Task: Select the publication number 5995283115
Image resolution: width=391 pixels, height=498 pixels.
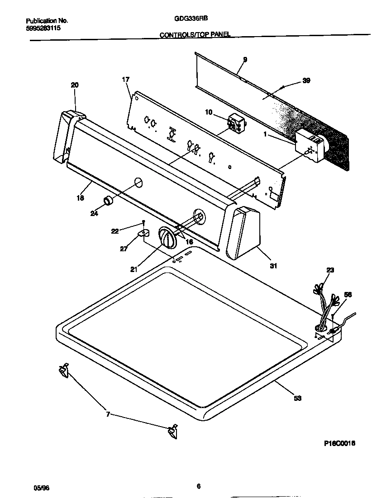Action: (43, 28)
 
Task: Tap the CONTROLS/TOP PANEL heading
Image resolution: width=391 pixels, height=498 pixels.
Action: (195, 35)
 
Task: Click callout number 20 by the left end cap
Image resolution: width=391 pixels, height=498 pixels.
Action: (75, 85)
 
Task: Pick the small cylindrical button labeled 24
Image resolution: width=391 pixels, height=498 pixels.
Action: (108, 201)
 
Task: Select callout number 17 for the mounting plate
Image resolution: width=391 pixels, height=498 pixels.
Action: (125, 80)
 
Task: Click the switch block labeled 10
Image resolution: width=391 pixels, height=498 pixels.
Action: (235, 123)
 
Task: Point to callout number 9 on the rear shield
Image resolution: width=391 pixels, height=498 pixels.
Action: (245, 59)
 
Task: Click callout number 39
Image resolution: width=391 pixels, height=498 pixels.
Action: (306, 80)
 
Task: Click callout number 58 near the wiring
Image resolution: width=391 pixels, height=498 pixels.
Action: (348, 294)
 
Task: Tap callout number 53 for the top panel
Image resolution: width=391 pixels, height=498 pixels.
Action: (297, 398)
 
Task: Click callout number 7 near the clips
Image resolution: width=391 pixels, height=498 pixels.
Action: (108, 414)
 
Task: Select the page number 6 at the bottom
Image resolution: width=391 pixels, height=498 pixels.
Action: (198, 486)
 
